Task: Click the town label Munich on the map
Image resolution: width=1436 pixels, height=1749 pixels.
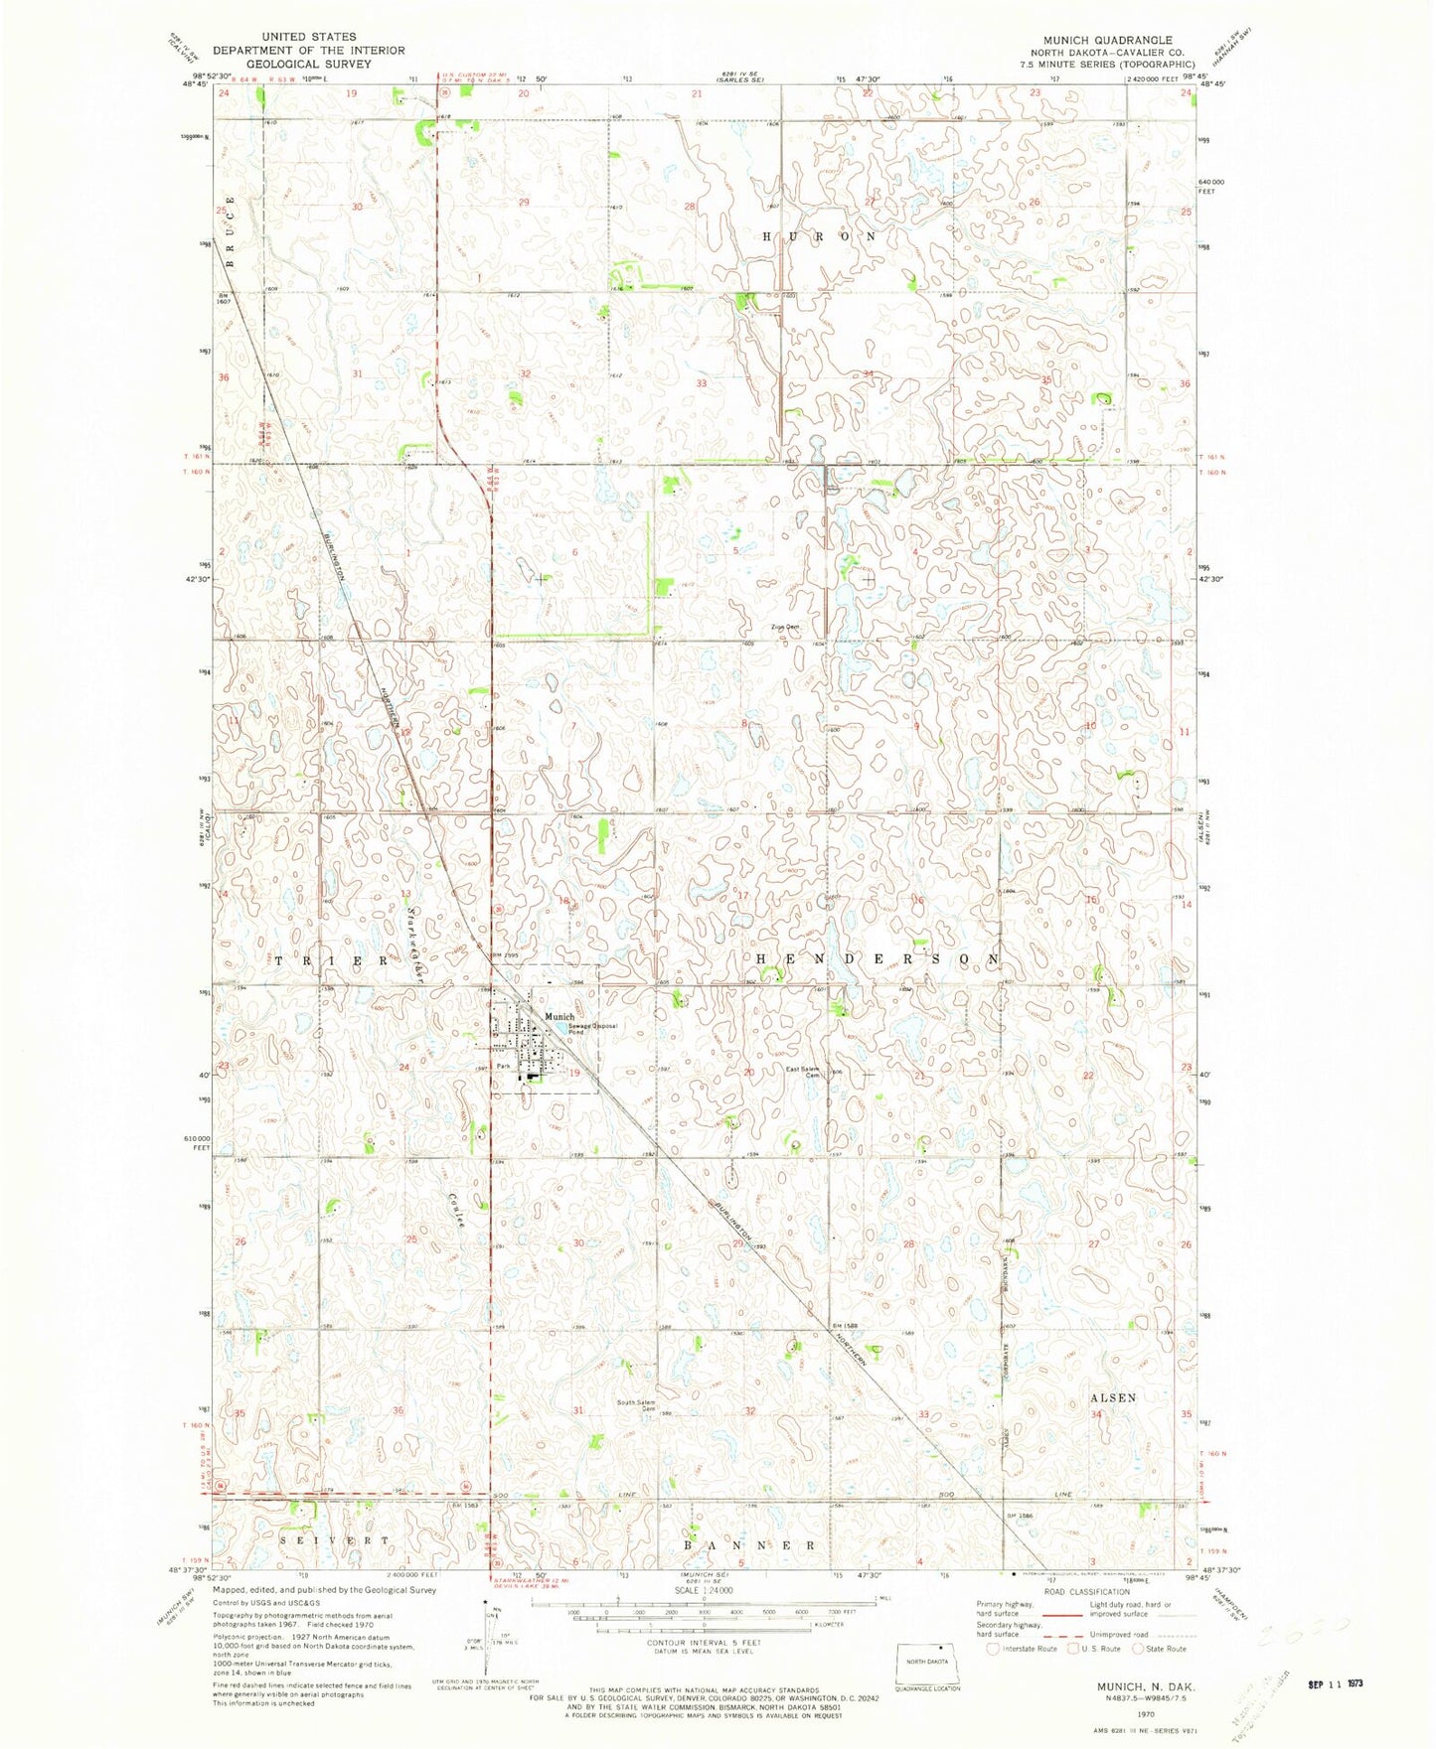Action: [558, 1016]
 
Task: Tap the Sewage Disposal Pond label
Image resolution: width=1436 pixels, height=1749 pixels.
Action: [593, 1028]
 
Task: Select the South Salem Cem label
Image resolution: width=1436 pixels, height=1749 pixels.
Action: [636, 1406]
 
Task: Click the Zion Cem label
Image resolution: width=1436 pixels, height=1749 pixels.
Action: [784, 627]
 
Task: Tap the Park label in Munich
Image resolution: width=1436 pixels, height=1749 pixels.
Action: [504, 1067]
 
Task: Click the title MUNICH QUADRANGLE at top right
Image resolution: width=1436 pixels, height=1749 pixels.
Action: [1094, 41]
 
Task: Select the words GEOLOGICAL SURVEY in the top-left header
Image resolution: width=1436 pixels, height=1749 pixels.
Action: [308, 64]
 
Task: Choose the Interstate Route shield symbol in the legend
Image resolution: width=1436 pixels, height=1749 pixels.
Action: [992, 1650]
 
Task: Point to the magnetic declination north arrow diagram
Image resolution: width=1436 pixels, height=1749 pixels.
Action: [487, 1629]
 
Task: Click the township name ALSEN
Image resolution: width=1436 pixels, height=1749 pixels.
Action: [1112, 1397]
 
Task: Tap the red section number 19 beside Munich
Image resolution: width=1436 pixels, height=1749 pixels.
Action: [573, 1073]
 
